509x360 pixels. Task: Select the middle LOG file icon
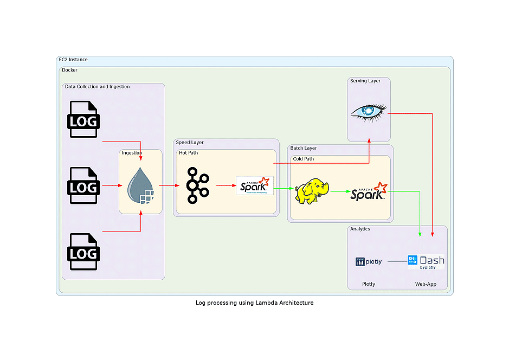coord(83,185)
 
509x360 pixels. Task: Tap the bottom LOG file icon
coord(83,252)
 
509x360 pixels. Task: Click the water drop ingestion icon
coord(141,185)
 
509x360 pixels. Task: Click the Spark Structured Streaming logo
coord(255,185)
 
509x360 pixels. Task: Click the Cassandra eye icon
coord(369,111)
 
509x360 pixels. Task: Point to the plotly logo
coord(369,262)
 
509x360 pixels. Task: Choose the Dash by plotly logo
coord(426,262)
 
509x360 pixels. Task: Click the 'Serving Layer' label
coord(365,81)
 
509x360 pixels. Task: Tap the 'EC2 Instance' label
coord(73,60)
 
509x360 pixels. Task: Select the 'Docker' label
coord(69,70)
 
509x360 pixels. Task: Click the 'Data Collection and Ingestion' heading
coord(97,87)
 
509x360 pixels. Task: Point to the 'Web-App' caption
coord(426,284)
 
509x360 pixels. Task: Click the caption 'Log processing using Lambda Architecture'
coord(254,303)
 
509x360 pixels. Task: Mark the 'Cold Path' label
coord(303,159)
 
